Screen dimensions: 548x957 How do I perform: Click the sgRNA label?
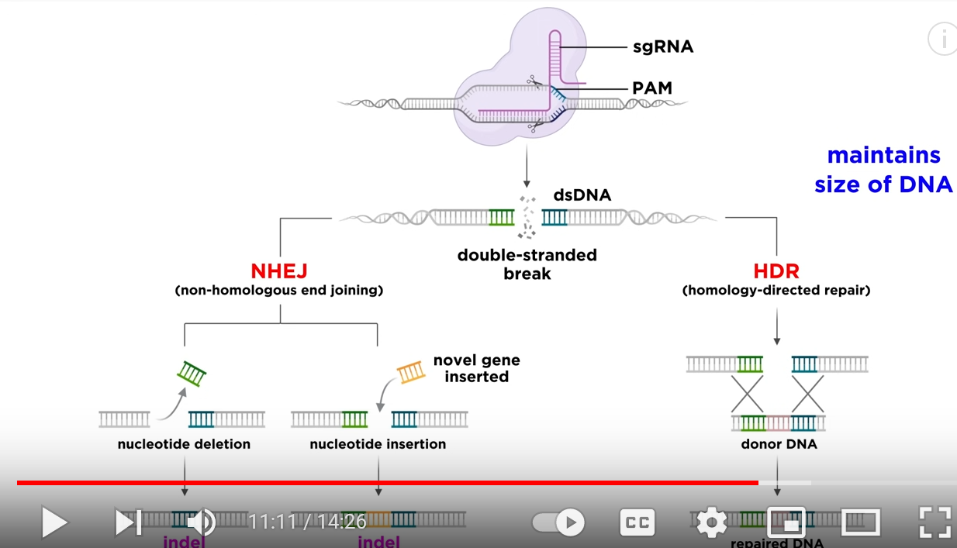pyautogui.click(x=662, y=47)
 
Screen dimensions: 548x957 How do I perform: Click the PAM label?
pyautogui.click(x=651, y=88)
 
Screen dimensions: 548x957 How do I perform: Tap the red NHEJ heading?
pyautogui.click(x=279, y=271)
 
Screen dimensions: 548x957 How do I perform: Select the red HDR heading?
pyautogui.click(x=776, y=271)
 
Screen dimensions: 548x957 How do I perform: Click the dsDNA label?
pyautogui.click(x=582, y=195)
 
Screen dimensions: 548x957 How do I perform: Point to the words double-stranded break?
pyautogui.click(x=527, y=264)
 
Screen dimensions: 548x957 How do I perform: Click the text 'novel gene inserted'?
pyautogui.click(x=476, y=369)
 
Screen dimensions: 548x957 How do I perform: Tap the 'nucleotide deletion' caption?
pyautogui.click(x=184, y=444)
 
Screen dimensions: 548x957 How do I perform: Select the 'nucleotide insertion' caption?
pyautogui.click(x=378, y=444)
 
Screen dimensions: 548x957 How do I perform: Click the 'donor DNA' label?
pyautogui.click(x=778, y=444)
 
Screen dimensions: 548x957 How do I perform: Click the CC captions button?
pyautogui.click(x=637, y=523)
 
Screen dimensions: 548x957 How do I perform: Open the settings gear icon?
pyautogui.click(x=712, y=522)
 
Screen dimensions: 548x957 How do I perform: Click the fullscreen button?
pyautogui.click(x=935, y=522)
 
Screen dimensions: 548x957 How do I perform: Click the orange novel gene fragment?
pyautogui.click(x=412, y=372)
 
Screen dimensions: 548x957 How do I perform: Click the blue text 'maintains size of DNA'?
pyautogui.click(x=883, y=170)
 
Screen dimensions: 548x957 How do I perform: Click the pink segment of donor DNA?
pyautogui.click(x=778, y=423)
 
